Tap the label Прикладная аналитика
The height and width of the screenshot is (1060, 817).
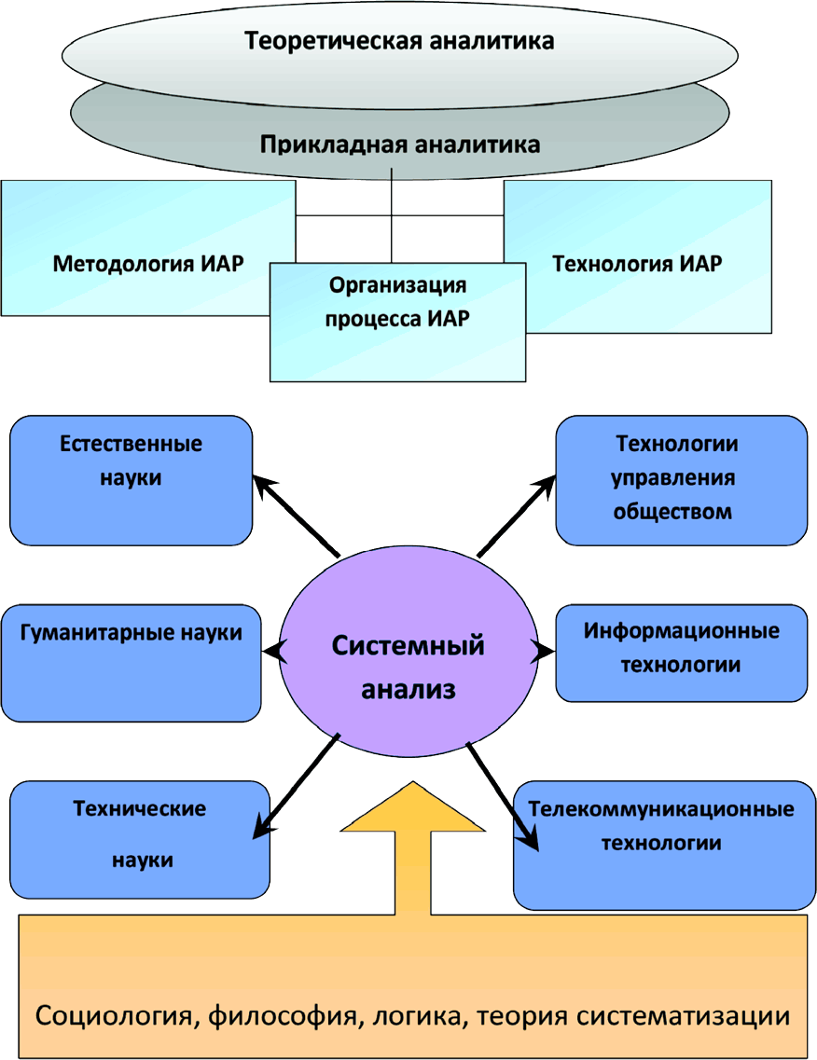[x=399, y=145]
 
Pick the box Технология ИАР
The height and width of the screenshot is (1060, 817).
[x=637, y=263]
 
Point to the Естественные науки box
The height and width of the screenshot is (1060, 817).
[x=131, y=479]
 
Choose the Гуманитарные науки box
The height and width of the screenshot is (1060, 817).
[x=131, y=662]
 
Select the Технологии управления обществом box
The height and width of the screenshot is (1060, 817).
[x=681, y=479]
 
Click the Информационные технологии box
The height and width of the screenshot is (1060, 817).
[x=681, y=653]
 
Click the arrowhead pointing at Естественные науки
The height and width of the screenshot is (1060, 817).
[x=265, y=485]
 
